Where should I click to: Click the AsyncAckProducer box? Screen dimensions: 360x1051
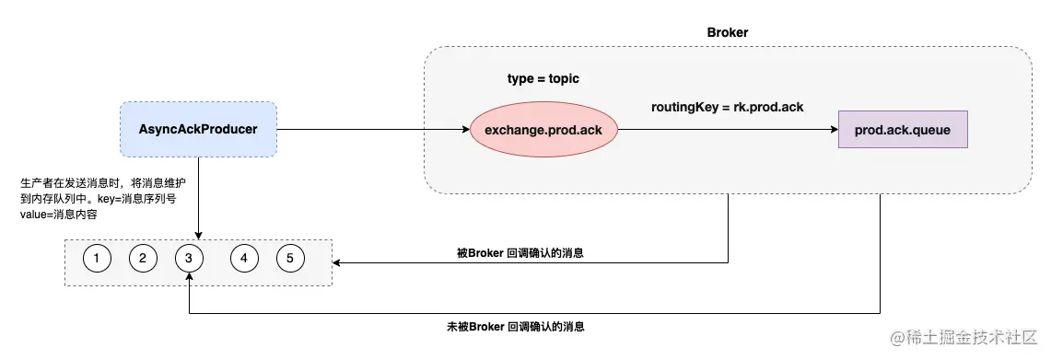198,129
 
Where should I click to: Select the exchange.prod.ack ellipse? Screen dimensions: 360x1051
543,130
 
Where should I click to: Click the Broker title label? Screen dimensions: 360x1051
727,32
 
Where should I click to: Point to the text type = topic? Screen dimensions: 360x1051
543,79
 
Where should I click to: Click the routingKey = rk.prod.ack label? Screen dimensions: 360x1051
727,107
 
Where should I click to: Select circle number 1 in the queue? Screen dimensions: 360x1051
97,259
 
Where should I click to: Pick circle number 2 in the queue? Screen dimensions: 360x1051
143,259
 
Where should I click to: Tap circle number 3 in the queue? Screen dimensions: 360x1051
188,259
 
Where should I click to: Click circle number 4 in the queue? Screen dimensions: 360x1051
243,259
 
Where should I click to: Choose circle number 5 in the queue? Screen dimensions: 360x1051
289,259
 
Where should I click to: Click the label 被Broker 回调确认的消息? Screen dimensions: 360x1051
520,252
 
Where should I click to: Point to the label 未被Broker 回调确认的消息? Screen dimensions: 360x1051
515,326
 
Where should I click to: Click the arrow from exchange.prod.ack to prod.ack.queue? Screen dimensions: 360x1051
728,130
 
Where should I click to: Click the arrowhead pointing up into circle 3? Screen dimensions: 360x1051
188,278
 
